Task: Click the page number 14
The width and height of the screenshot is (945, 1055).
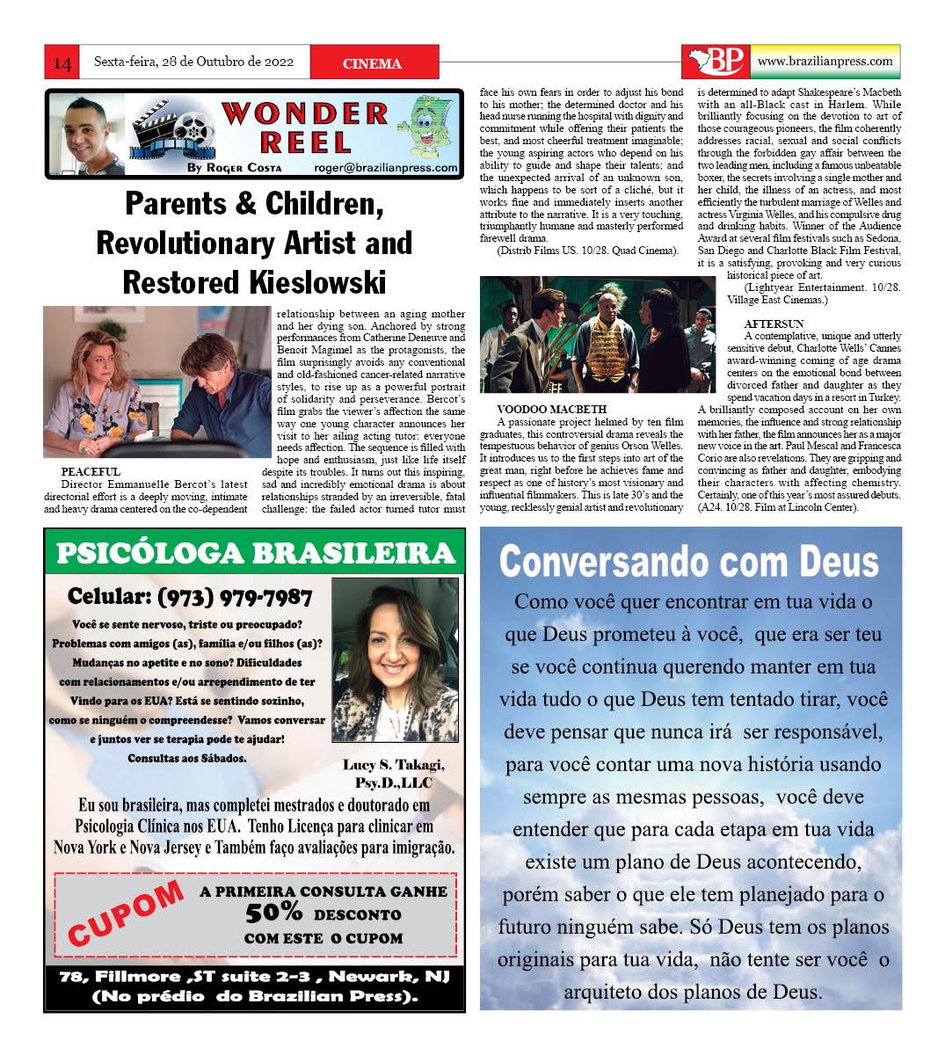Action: [x=62, y=63]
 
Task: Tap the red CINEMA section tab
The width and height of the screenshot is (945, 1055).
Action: [x=373, y=63]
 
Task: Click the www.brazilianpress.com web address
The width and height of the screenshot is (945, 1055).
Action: [x=824, y=61]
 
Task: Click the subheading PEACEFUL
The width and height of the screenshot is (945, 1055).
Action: [x=91, y=472]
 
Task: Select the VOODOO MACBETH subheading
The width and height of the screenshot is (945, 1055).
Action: [x=550, y=409]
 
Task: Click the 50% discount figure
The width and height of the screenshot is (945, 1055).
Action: [x=273, y=913]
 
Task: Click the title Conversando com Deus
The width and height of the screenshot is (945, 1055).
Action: [x=689, y=561]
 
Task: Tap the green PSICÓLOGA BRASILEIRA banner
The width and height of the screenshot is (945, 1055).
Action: [x=254, y=553]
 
